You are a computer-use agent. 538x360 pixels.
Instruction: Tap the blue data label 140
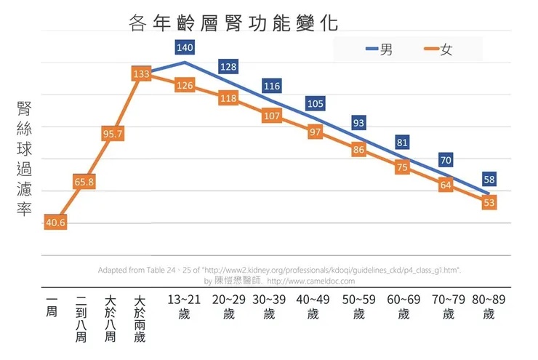[x=184, y=48]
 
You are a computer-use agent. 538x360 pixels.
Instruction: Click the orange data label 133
[x=141, y=73]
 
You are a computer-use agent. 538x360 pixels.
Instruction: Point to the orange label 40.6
[x=55, y=223]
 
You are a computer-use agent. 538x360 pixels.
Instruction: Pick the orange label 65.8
[x=84, y=181]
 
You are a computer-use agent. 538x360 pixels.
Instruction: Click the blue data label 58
[x=489, y=179]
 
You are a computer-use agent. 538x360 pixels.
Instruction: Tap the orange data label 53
[x=489, y=203]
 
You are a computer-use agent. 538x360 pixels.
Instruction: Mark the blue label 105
[x=315, y=104]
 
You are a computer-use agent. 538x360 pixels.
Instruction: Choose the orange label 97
[x=315, y=132]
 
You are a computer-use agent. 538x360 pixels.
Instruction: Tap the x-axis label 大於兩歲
[x=140, y=318]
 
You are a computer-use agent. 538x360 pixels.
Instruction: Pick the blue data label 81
[x=402, y=143]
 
